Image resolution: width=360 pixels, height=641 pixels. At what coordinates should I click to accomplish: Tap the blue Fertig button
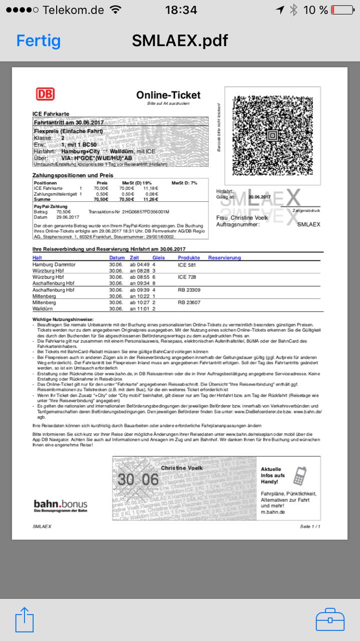pyautogui.click(x=39, y=41)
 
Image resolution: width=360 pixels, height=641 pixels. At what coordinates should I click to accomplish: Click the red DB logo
pyautogui.click(x=45, y=94)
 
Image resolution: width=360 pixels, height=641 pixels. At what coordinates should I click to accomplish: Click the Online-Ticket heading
pyautogui.click(x=168, y=95)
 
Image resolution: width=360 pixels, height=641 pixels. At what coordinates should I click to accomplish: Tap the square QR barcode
pyautogui.click(x=272, y=136)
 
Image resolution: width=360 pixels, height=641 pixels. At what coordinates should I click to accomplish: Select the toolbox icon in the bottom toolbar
pyautogui.click(x=330, y=619)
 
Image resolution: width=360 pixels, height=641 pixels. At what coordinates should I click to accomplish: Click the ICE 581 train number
pyautogui.click(x=187, y=264)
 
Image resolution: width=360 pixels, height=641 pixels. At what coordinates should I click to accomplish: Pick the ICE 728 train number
pyautogui.click(x=187, y=277)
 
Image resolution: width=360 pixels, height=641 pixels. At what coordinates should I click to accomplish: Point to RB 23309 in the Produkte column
pyautogui.click(x=189, y=290)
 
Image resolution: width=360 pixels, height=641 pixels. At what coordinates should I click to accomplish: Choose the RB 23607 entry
pyautogui.click(x=189, y=302)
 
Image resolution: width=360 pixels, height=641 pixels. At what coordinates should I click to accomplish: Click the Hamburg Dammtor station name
pyautogui.click(x=54, y=264)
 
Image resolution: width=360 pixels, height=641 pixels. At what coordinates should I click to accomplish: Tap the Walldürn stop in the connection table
pyautogui.click(x=44, y=309)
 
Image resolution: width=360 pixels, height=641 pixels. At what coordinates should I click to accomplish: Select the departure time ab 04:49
pyautogui.click(x=140, y=264)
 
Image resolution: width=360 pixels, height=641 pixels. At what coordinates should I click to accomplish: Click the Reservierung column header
pyautogui.click(x=224, y=258)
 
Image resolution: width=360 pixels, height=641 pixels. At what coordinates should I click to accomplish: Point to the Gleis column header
pyautogui.click(x=159, y=258)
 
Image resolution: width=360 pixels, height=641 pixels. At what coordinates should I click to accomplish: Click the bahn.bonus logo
pyautogui.click(x=61, y=505)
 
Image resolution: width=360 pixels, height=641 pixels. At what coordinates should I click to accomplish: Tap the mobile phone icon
pyautogui.click(x=299, y=476)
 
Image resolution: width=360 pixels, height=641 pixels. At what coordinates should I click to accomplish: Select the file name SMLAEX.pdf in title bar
pyautogui.click(x=180, y=41)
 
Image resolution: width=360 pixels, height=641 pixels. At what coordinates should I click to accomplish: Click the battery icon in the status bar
pyautogui.click(x=342, y=10)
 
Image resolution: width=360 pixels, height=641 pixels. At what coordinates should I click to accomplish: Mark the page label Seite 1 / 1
pyautogui.click(x=310, y=527)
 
